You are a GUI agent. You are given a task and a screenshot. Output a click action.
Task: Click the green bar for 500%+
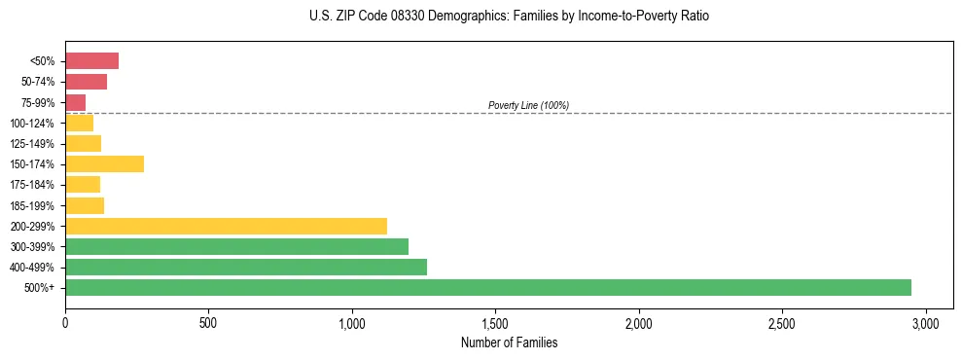click(x=487, y=287)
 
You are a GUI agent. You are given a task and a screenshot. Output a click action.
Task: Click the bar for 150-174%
click(x=104, y=163)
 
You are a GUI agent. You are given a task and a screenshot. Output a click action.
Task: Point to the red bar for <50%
click(x=91, y=61)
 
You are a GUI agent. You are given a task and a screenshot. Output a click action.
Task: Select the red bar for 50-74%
click(x=86, y=82)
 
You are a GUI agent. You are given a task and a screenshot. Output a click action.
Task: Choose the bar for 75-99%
click(x=75, y=102)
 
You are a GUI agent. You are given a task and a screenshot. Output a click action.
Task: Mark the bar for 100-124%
click(x=79, y=123)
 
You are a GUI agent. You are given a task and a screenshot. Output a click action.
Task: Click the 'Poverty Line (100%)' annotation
click(x=528, y=105)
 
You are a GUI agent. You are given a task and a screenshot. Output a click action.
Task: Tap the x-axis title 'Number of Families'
click(x=509, y=342)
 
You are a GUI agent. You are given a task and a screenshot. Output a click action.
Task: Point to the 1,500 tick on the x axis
click(x=495, y=322)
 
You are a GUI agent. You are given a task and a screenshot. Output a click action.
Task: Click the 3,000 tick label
click(x=925, y=322)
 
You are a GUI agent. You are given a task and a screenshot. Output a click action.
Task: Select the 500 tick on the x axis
click(x=208, y=322)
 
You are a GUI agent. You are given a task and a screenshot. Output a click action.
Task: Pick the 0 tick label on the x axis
click(x=65, y=322)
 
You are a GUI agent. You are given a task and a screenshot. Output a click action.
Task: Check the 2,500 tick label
click(x=782, y=322)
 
